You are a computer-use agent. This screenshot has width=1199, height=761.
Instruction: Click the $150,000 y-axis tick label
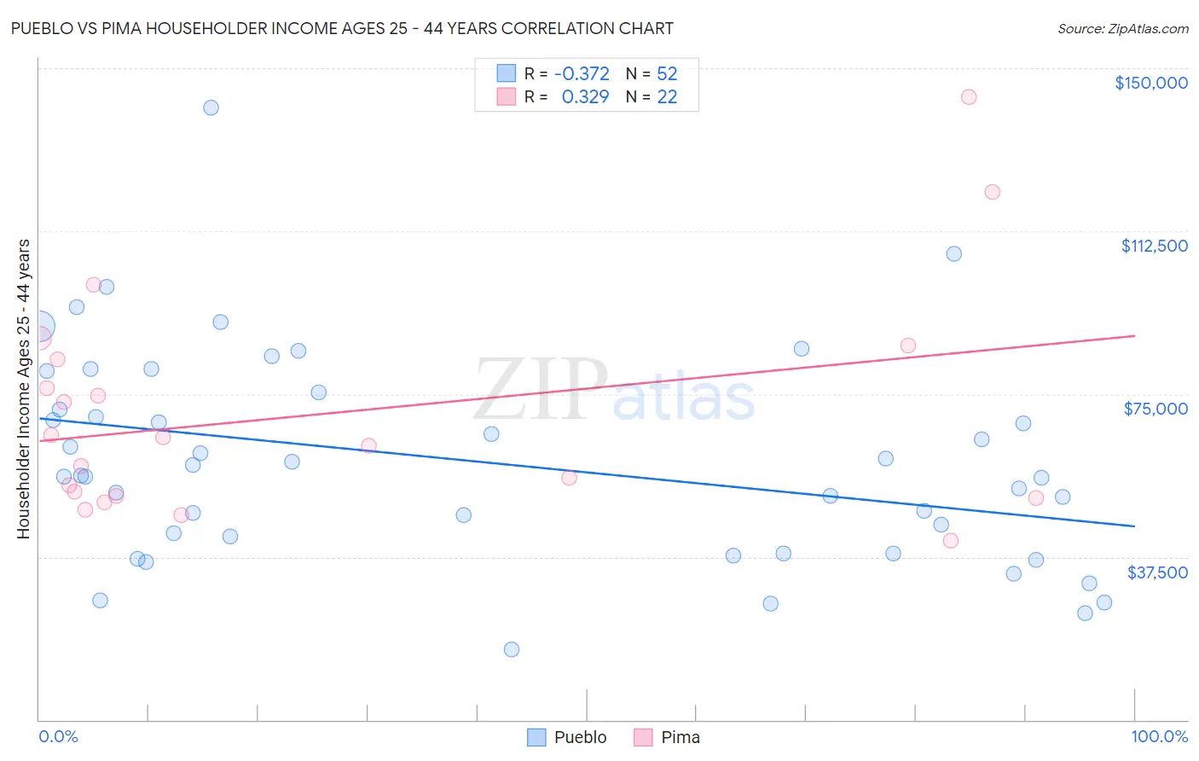1150,83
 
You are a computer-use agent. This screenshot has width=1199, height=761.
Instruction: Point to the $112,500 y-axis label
1154,246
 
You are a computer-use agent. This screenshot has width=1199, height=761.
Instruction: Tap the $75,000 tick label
1156,409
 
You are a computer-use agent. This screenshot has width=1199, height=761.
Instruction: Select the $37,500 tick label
1157,572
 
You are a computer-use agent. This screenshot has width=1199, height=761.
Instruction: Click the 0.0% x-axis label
58,736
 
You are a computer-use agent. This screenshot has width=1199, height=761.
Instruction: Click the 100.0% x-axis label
1159,736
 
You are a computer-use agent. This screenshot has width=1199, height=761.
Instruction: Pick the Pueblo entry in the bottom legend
580,737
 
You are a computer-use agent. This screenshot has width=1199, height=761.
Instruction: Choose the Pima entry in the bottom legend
680,737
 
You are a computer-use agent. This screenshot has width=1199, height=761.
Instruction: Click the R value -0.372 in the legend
582,74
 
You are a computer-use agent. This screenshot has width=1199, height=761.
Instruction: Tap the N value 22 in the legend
667,97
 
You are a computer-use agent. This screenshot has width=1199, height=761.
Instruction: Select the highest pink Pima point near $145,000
968,96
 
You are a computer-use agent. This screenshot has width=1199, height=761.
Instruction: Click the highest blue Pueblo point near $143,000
211,107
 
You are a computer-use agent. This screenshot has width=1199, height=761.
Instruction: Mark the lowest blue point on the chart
512,649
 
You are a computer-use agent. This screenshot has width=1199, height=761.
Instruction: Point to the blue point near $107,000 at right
953,253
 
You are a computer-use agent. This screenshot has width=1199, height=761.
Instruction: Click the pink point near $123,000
992,192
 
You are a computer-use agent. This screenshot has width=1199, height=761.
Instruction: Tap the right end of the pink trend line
1134,336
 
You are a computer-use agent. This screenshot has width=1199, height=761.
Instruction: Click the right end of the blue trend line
1134,526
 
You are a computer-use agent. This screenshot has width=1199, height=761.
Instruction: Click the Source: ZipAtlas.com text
1122,29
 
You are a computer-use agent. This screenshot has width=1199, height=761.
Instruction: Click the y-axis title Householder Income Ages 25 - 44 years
23,388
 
